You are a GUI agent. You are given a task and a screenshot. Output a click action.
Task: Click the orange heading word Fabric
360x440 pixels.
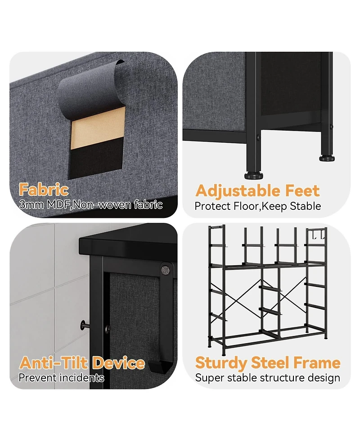(44, 190)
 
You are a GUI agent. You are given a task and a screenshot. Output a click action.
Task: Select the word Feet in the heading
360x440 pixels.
(302, 191)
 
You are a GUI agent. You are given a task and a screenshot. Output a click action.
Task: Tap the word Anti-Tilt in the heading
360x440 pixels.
(54, 363)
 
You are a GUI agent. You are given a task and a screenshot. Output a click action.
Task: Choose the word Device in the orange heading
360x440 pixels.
(118, 363)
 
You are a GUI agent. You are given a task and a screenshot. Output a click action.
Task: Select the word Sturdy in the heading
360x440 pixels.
(220, 363)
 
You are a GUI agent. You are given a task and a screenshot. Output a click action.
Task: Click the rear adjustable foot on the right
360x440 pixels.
(327, 158)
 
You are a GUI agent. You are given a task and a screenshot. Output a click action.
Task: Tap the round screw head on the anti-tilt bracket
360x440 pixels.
(166, 271)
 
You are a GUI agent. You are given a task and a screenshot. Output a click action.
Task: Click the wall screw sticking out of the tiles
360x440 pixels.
(85, 326)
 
